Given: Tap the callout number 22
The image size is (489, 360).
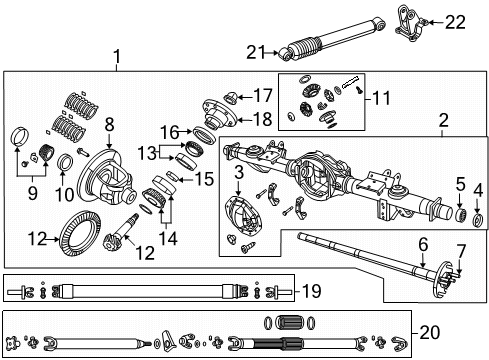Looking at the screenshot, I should (455, 20).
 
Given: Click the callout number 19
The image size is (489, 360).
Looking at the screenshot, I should (310, 291).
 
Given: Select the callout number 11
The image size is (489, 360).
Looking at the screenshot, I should (380, 98).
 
